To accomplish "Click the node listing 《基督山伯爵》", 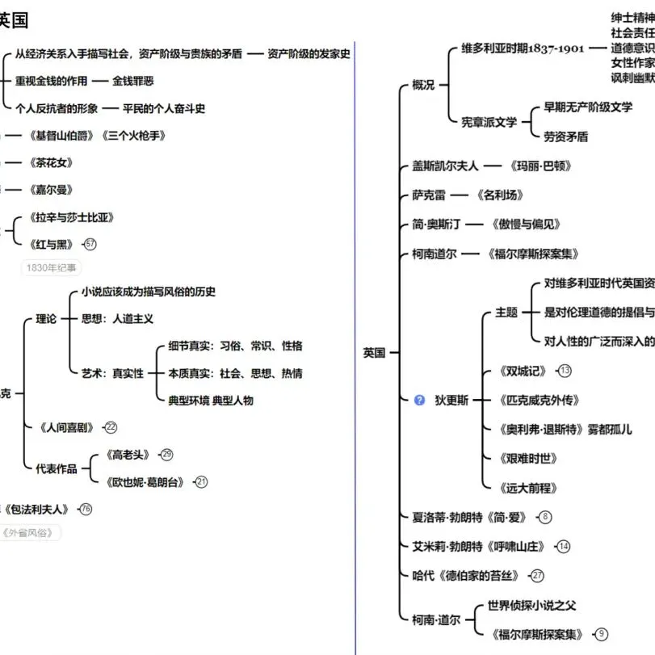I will [100, 136].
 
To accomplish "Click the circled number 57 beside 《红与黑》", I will [90, 244].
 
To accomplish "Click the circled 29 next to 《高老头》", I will [167, 455].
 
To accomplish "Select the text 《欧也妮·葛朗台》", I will [145, 482].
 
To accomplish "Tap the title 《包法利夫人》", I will [38, 509].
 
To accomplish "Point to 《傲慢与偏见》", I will [523, 225].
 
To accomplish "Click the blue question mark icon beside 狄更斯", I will [419, 400].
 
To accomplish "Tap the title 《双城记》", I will [524, 371].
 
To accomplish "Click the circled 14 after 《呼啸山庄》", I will [564, 546].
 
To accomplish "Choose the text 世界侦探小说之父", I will [531, 605].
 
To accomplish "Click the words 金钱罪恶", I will [133, 81].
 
